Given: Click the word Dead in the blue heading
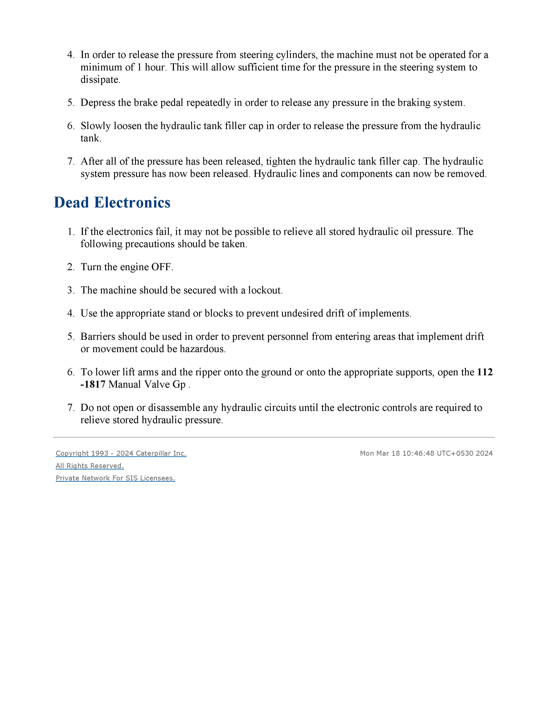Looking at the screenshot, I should [71, 203].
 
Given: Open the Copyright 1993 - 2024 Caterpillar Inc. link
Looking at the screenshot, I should [121, 453].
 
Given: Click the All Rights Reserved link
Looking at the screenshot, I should [90, 466].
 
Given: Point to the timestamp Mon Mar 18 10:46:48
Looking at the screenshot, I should [397, 453].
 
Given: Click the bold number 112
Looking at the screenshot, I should [485, 372].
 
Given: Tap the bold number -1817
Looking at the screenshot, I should [93, 384].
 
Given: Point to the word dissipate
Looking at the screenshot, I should [100, 80].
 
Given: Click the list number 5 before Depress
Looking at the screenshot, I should [71, 103].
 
